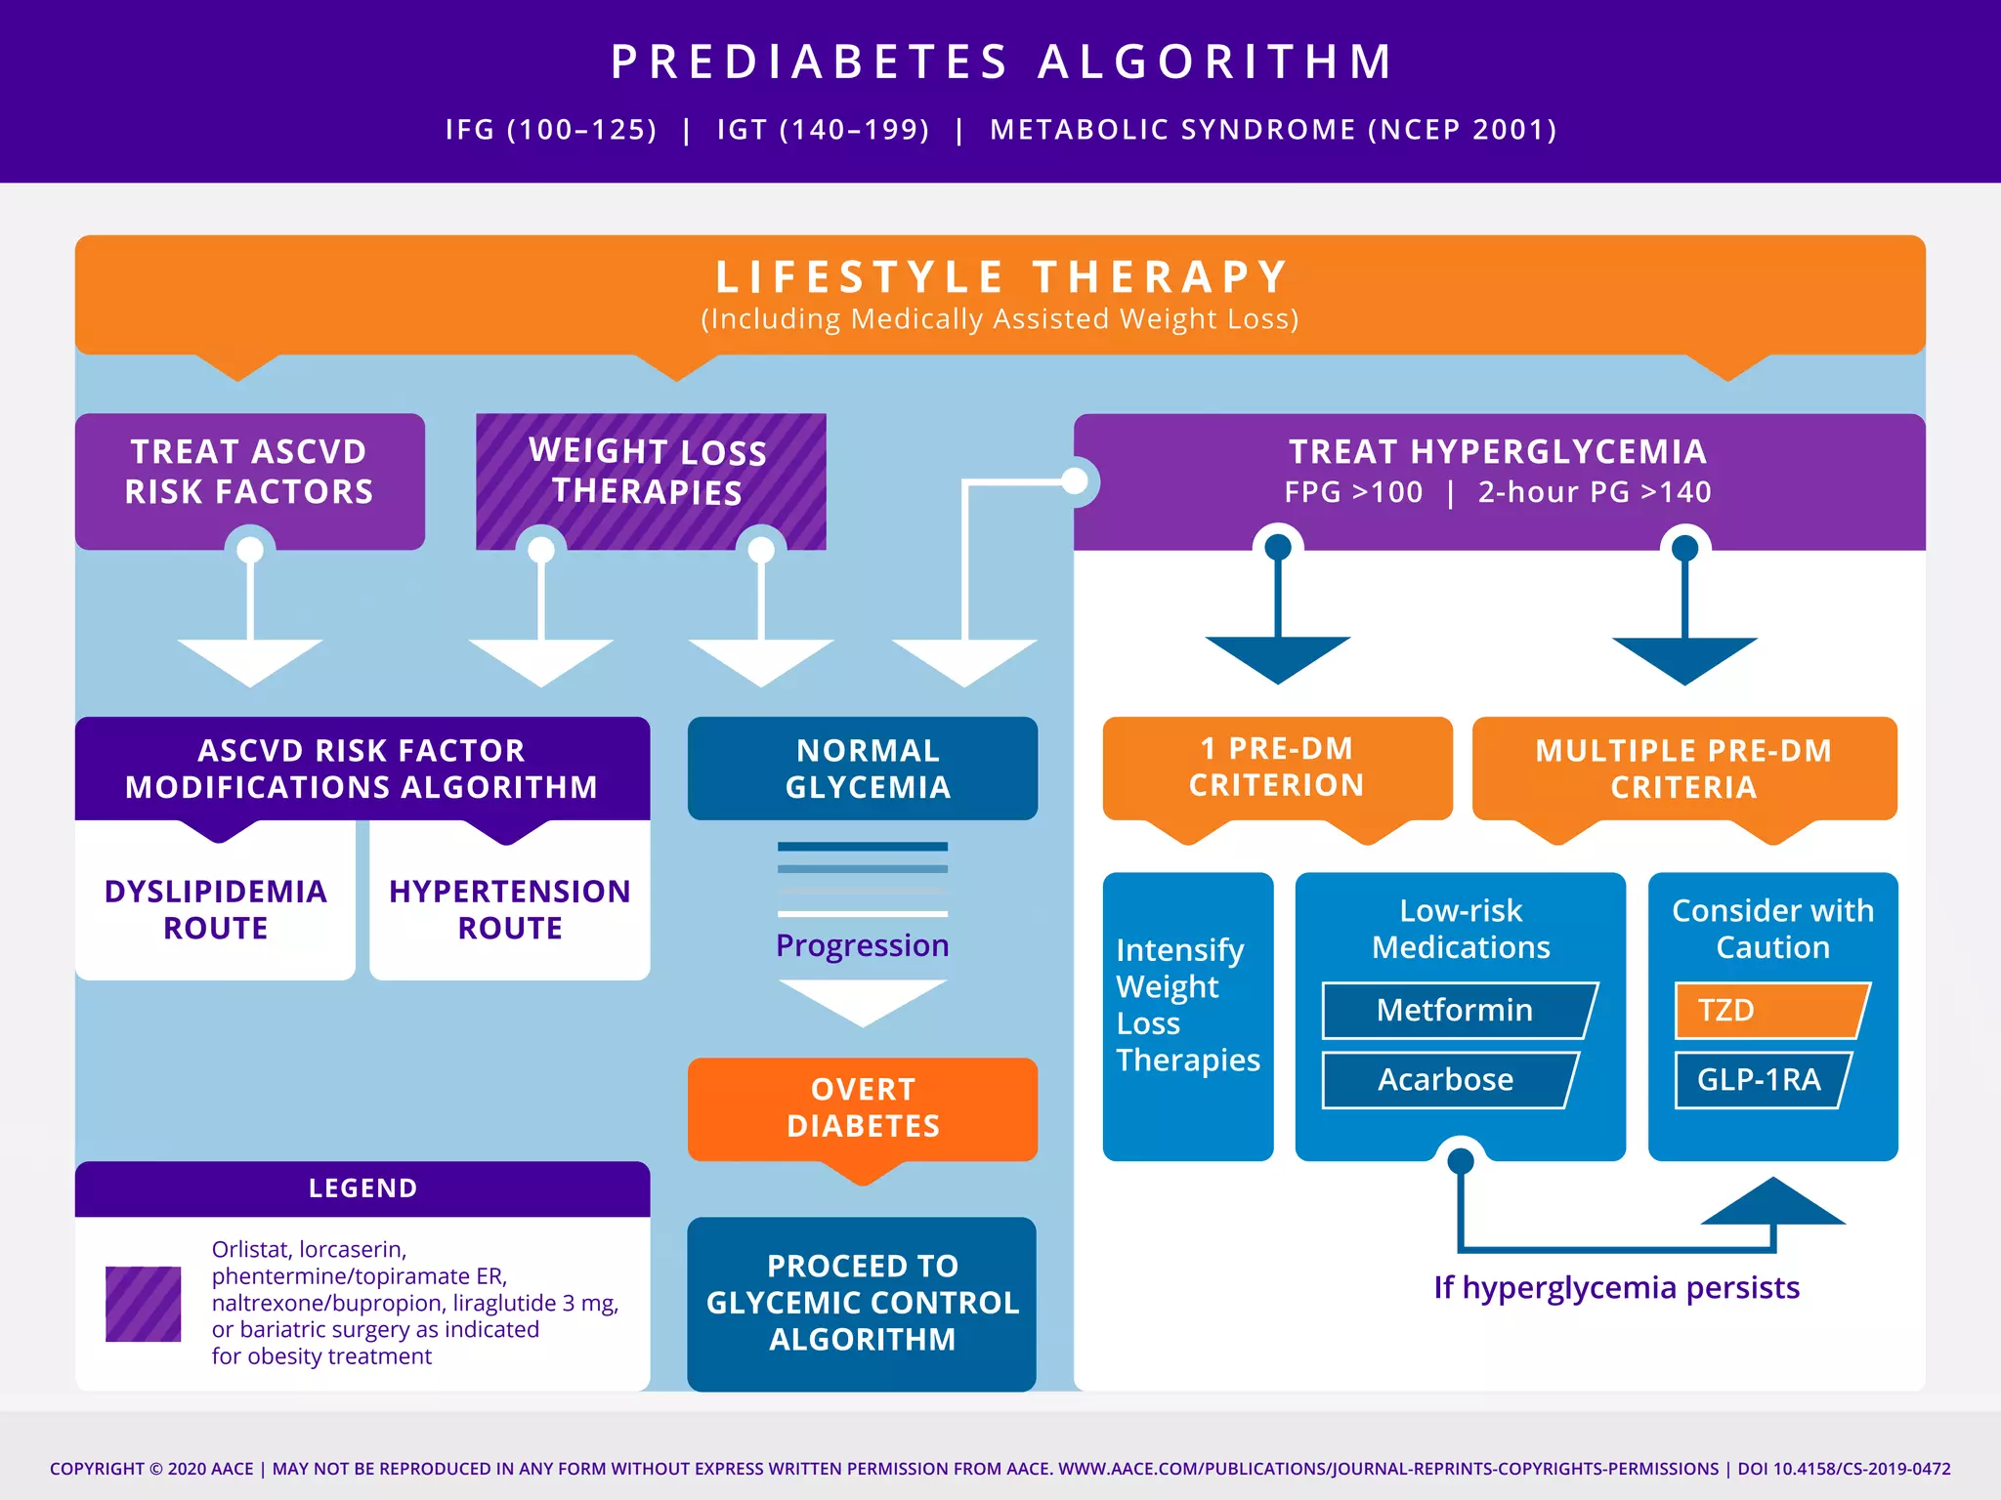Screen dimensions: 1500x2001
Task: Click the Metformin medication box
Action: tap(1456, 1010)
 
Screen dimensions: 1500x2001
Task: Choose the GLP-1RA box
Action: tap(1759, 1079)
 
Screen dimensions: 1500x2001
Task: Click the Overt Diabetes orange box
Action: tap(863, 1108)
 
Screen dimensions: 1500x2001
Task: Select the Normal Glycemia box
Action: tap(863, 769)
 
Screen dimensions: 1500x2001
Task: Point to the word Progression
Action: tap(863, 945)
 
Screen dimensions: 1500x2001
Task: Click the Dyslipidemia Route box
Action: tap(215, 908)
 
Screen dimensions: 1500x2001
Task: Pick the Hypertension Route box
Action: tap(509, 908)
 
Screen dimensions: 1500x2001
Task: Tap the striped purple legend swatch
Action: tap(143, 1304)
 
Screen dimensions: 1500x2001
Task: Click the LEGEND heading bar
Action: tap(362, 1188)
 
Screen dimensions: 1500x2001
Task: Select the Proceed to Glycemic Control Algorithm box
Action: tap(862, 1303)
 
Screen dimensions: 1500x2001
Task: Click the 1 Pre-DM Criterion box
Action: tap(1276, 768)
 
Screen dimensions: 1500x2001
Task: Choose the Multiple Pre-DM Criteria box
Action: tap(1683, 769)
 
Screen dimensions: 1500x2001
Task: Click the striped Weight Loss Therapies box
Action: tap(650, 472)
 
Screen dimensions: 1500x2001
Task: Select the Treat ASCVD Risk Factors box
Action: tap(249, 472)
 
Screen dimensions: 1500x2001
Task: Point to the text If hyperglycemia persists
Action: tap(1616, 1287)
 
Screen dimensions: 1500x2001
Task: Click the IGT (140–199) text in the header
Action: tap(823, 130)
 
